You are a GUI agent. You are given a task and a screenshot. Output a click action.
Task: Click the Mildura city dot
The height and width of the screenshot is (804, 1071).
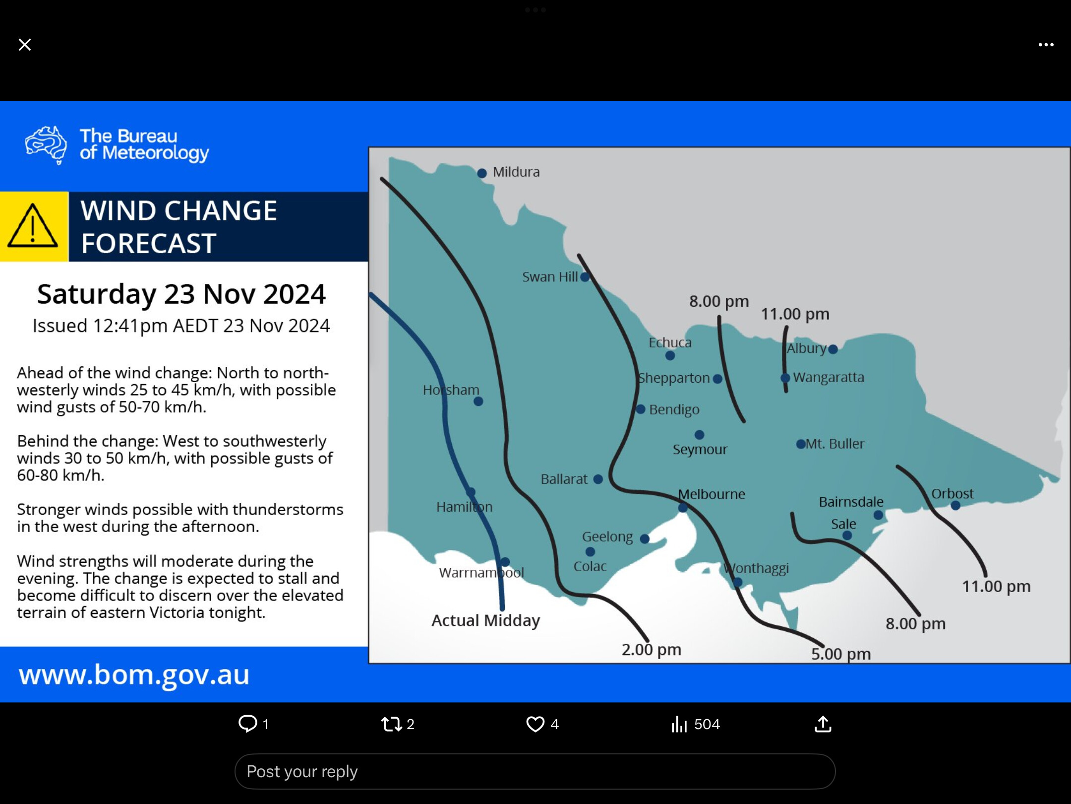click(x=481, y=173)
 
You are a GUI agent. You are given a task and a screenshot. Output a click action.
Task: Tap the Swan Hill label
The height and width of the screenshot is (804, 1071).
click(x=550, y=277)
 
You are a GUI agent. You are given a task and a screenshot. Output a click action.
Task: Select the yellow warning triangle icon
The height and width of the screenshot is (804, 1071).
click(x=33, y=226)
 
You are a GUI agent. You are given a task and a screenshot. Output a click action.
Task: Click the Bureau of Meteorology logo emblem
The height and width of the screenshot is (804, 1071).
click(x=46, y=145)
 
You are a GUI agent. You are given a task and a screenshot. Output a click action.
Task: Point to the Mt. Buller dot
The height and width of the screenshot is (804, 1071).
click(x=801, y=444)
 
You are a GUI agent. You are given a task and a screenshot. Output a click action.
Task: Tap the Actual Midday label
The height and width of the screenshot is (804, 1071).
click(x=485, y=621)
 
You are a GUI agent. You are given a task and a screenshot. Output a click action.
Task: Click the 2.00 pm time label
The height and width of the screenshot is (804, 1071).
click(x=652, y=649)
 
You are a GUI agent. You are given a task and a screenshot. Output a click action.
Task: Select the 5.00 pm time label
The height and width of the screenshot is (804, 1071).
click(x=841, y=654)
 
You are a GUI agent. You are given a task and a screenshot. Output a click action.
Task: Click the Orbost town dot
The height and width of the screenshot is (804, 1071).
click(x=955, y=506)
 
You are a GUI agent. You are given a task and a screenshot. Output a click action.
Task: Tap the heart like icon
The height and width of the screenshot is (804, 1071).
click(x=535, y=724)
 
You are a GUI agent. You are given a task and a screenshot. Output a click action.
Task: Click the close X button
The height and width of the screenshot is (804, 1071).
click(x=25, y=45)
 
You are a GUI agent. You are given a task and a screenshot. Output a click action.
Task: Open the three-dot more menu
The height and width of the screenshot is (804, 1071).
click(x=1046, y=45)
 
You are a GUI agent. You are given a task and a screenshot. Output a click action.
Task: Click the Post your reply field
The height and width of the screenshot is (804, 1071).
click(x=535, y=772)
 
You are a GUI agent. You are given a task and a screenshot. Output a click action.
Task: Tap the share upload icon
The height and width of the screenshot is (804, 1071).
click(x=823, y=724)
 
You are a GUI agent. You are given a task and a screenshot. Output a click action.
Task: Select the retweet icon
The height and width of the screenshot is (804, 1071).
click(x=391, y=724)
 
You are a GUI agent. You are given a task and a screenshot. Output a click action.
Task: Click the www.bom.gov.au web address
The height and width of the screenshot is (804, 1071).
click(x=134, y=675)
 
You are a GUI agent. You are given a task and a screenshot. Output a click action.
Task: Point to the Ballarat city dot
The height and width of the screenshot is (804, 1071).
click(x=598, y=479)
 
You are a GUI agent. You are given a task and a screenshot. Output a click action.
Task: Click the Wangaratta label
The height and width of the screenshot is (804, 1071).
click(x=829, y=378)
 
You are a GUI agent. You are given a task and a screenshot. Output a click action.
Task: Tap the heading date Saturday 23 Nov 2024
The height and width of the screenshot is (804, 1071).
click(x=181, y=294)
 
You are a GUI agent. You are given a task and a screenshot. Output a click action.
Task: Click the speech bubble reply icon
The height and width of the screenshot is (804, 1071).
click(x=248, y=724)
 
